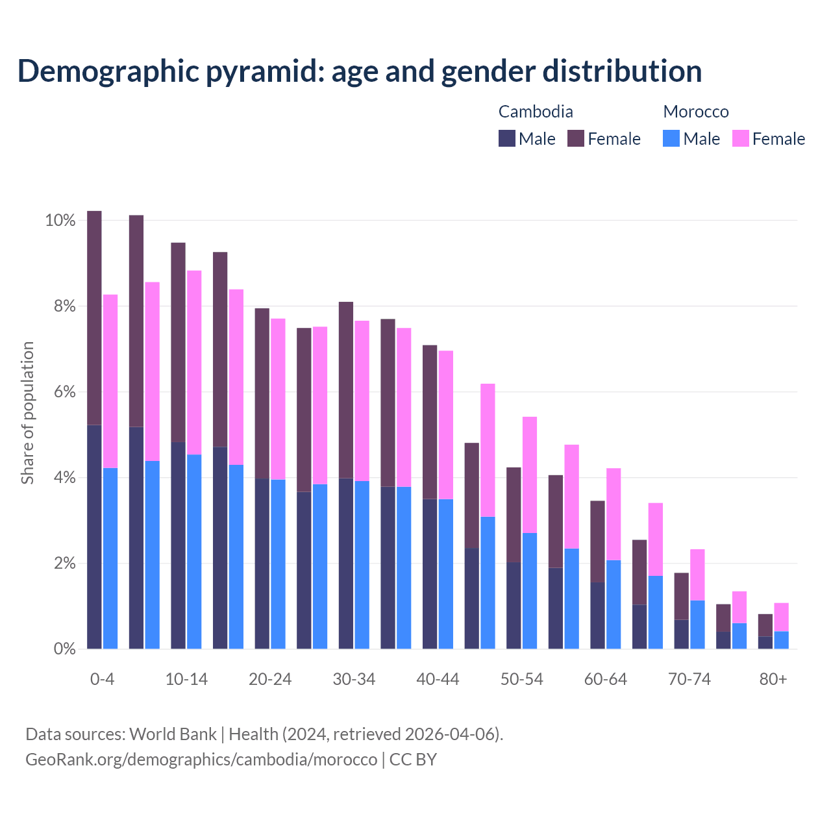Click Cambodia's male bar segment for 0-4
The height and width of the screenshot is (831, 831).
pyautogui.click(x=94, y=536)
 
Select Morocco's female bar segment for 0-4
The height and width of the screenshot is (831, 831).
pyautogui.click(x=110, y=381)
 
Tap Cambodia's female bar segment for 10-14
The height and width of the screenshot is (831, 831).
pyautogui.click(x=178, y=342)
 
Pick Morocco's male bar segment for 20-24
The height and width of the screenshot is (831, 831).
pyautogui.click(x=278, y=564)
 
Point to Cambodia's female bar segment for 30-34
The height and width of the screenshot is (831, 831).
pyautogui.click(x=346, y=390)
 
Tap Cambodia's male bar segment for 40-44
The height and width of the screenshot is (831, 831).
pyautogui.click(x=430, y=573)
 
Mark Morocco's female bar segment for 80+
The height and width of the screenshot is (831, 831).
pyautogui.click(x=781, y=617)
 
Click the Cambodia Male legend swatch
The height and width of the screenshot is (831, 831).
pyautogui.click(x=507, y=138)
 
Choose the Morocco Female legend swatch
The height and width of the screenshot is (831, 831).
pyautogui.click(x=741, y=138)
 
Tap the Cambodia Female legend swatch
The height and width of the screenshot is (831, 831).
pyautogui.click(x=576, y=138)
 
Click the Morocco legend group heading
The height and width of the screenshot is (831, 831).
pyautogui.click(x=696, y=112)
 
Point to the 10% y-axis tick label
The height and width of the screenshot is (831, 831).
pyautogui.click(x=60, y=221)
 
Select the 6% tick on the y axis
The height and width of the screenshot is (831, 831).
pyautogui.click(x=64, y=392)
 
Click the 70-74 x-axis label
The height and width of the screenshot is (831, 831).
pyautogui.click(x=689, y=680)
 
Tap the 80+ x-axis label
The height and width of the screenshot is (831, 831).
pyautogui.click(x=773, y=680)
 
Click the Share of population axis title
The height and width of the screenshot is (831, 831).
pyautogui.click(x=27, y=413)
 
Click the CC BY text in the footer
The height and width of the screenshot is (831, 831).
pyautogui.click(x=413, y=760)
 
